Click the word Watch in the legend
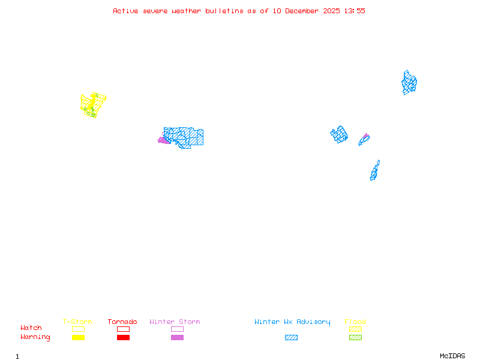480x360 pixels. (x=31, y=328)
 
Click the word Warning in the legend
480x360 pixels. (x=35, y=337)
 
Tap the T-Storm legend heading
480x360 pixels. (x=77, y=322)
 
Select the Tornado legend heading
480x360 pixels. (x=122, y=322)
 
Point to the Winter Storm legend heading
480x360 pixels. (x=175, y=322)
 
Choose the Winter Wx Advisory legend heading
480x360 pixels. (x=292, y=322)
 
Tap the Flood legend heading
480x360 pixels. (x=355, y=322)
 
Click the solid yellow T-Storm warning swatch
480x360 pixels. (x=78, y=338)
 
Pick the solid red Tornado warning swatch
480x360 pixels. (x=123, y=338)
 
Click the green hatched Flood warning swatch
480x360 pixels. (x=355, y=338)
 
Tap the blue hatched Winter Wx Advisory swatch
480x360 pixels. (x=291, y=338)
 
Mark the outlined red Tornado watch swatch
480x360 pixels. (x=123, y=329)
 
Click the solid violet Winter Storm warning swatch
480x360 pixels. (x=177, y=338)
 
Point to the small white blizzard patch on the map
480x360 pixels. (x=380, y=163)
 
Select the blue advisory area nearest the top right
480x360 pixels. (x=409, y=82)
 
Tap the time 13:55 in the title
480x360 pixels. (x=354, y=11)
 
